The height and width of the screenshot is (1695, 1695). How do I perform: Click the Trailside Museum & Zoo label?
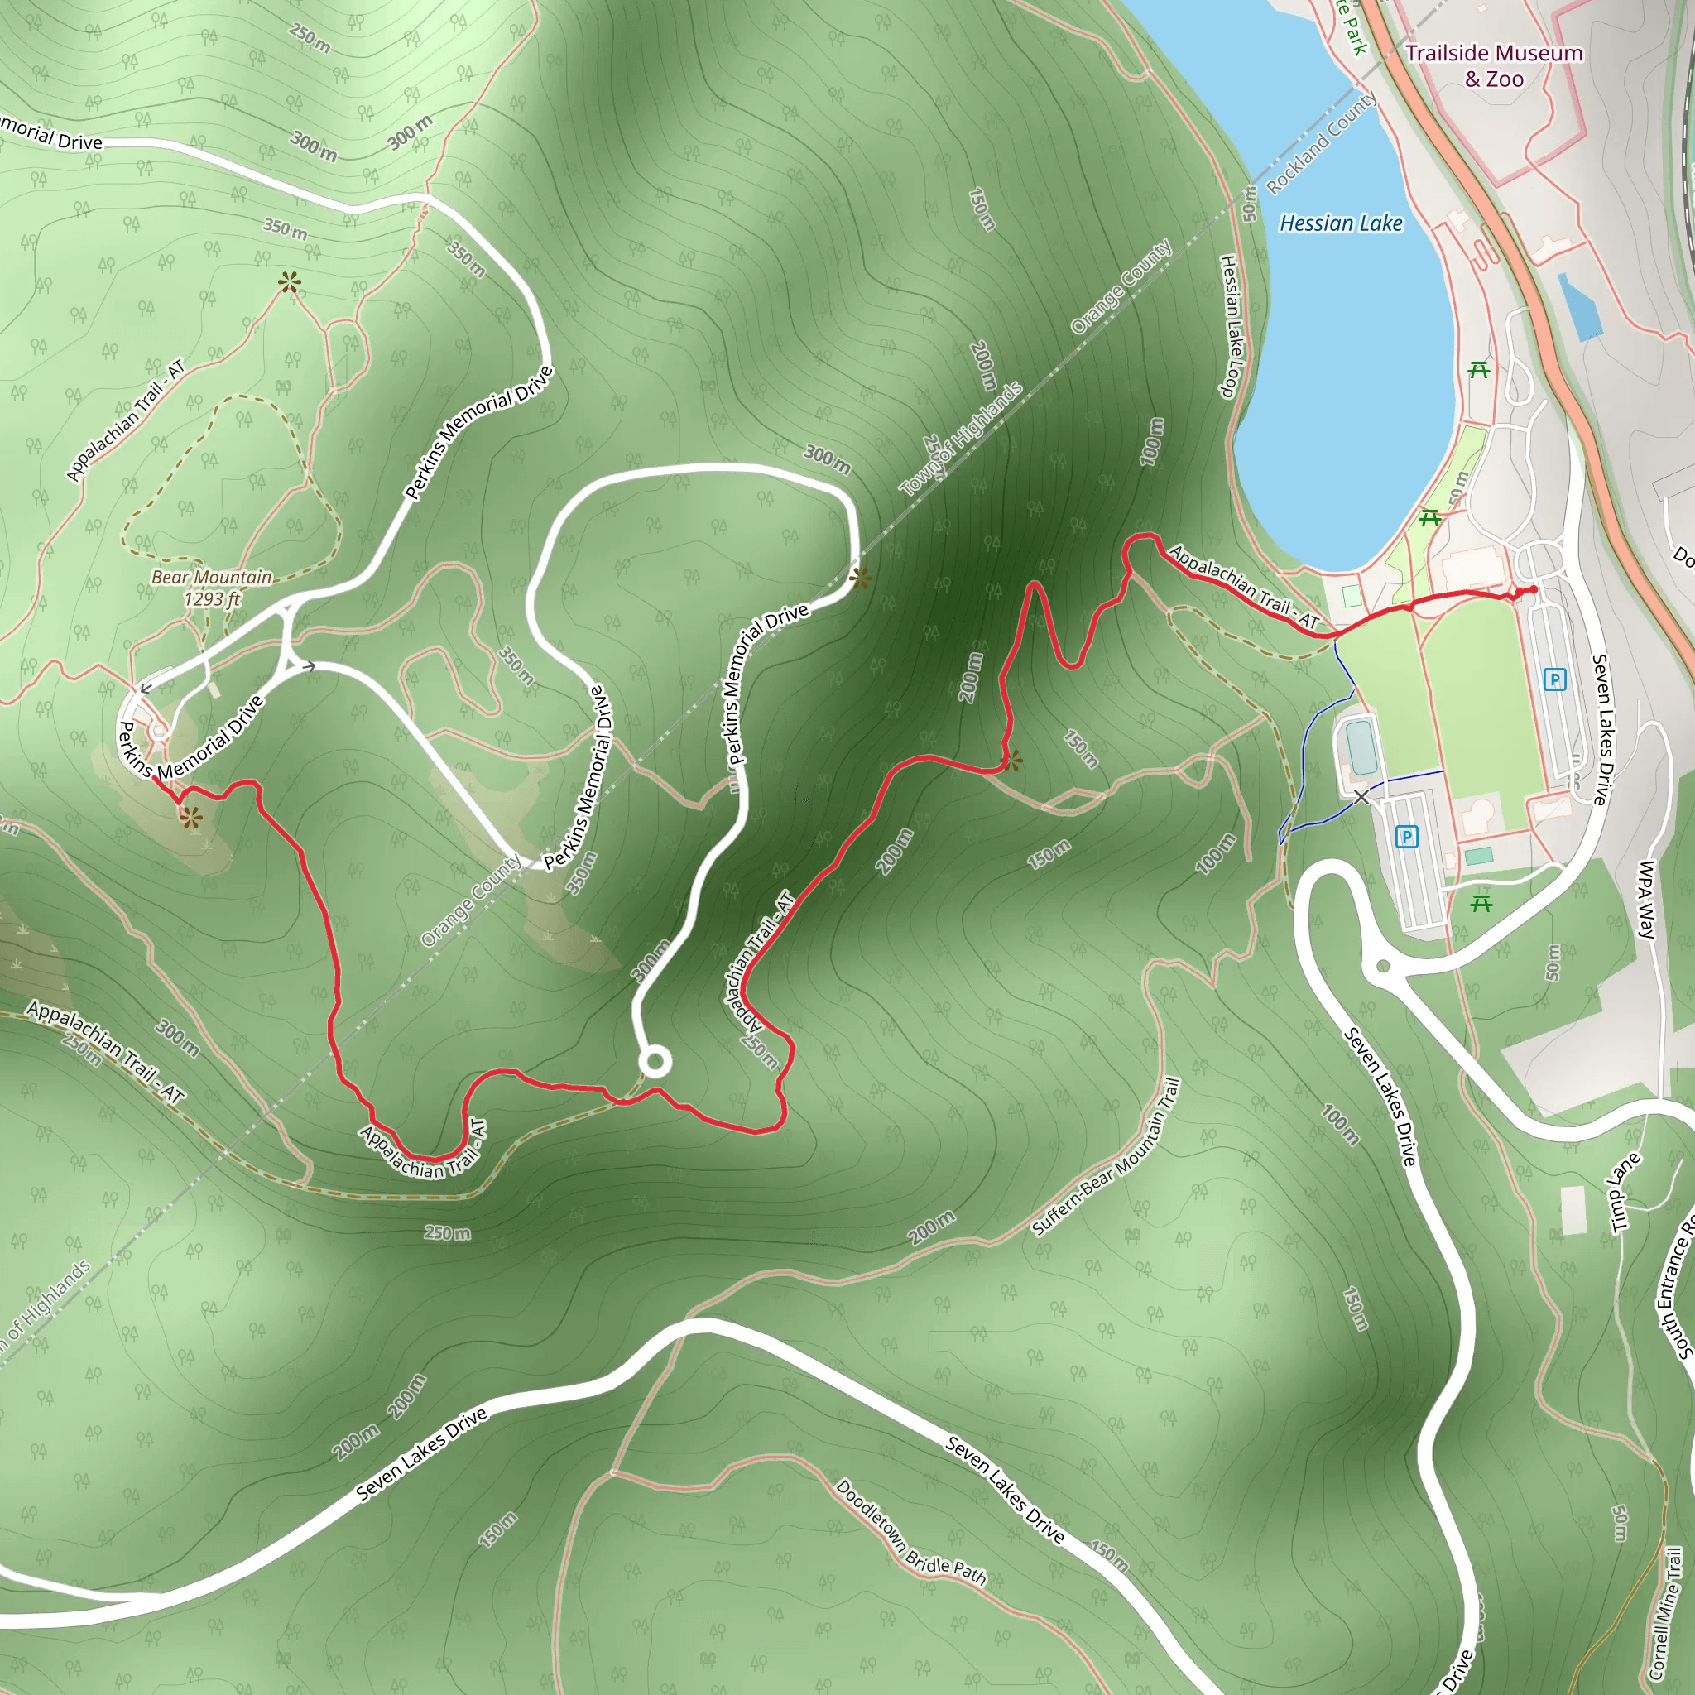[1493, 66]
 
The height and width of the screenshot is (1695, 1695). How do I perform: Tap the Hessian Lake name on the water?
[1341, 223]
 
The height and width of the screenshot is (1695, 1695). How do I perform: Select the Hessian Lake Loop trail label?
[1231, 325]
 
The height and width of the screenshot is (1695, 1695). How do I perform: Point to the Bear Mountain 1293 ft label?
[211, 588]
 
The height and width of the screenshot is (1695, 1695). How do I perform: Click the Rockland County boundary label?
[1320, 143]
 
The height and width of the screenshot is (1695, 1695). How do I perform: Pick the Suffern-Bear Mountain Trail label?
[1107, 1157]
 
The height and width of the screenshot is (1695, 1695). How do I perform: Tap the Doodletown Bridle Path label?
[910, 1533]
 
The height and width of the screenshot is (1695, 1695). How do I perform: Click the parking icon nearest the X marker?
[1406, 837]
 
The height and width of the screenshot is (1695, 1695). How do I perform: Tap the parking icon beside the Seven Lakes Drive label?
[1554, 679]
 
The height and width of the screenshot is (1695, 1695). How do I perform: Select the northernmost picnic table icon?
[1479, 369]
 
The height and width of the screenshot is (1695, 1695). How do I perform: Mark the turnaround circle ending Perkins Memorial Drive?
[655, 1063]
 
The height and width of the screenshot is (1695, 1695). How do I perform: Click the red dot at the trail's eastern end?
[1532, 590]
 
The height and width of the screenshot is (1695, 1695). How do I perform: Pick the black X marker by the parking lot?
[1361, 797]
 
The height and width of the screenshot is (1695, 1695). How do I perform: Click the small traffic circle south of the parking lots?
[1384, 966]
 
